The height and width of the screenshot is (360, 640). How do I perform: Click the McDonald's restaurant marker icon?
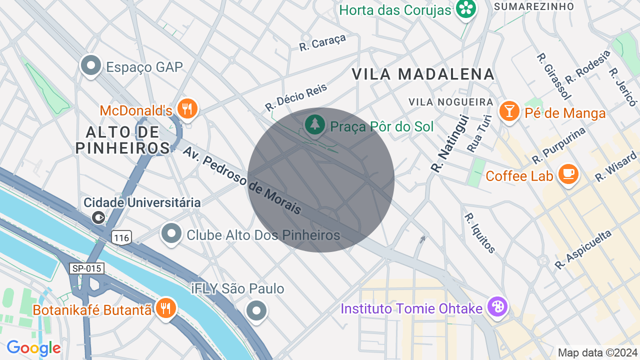pos(188,108)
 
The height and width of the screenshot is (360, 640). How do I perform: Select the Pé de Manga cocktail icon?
pos(509,110)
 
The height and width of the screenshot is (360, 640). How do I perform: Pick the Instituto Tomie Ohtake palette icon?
pos(497,306)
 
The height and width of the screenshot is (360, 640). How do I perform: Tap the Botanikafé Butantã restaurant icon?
pos(165,307)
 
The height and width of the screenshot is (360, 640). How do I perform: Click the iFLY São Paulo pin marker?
pos(257,310)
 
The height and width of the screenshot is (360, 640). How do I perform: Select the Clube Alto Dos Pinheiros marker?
pos(171,233)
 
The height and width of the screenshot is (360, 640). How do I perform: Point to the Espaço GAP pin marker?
pos(91,65)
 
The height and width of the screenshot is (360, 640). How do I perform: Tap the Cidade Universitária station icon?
pos(99,217)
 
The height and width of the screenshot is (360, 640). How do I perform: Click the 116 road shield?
pos(121,238)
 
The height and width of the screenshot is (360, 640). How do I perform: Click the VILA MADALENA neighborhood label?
pos(423,74)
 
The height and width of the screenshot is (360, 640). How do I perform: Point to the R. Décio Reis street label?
pos(296,97)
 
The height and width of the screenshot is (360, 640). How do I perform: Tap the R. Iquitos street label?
pos(480,233)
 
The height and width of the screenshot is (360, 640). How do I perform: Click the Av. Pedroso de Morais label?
pos(242,180)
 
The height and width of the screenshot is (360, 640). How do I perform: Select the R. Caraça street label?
pos(322,43)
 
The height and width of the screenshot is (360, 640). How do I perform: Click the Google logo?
pos(33,348)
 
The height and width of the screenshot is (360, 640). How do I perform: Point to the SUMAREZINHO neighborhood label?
pos(533,6)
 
